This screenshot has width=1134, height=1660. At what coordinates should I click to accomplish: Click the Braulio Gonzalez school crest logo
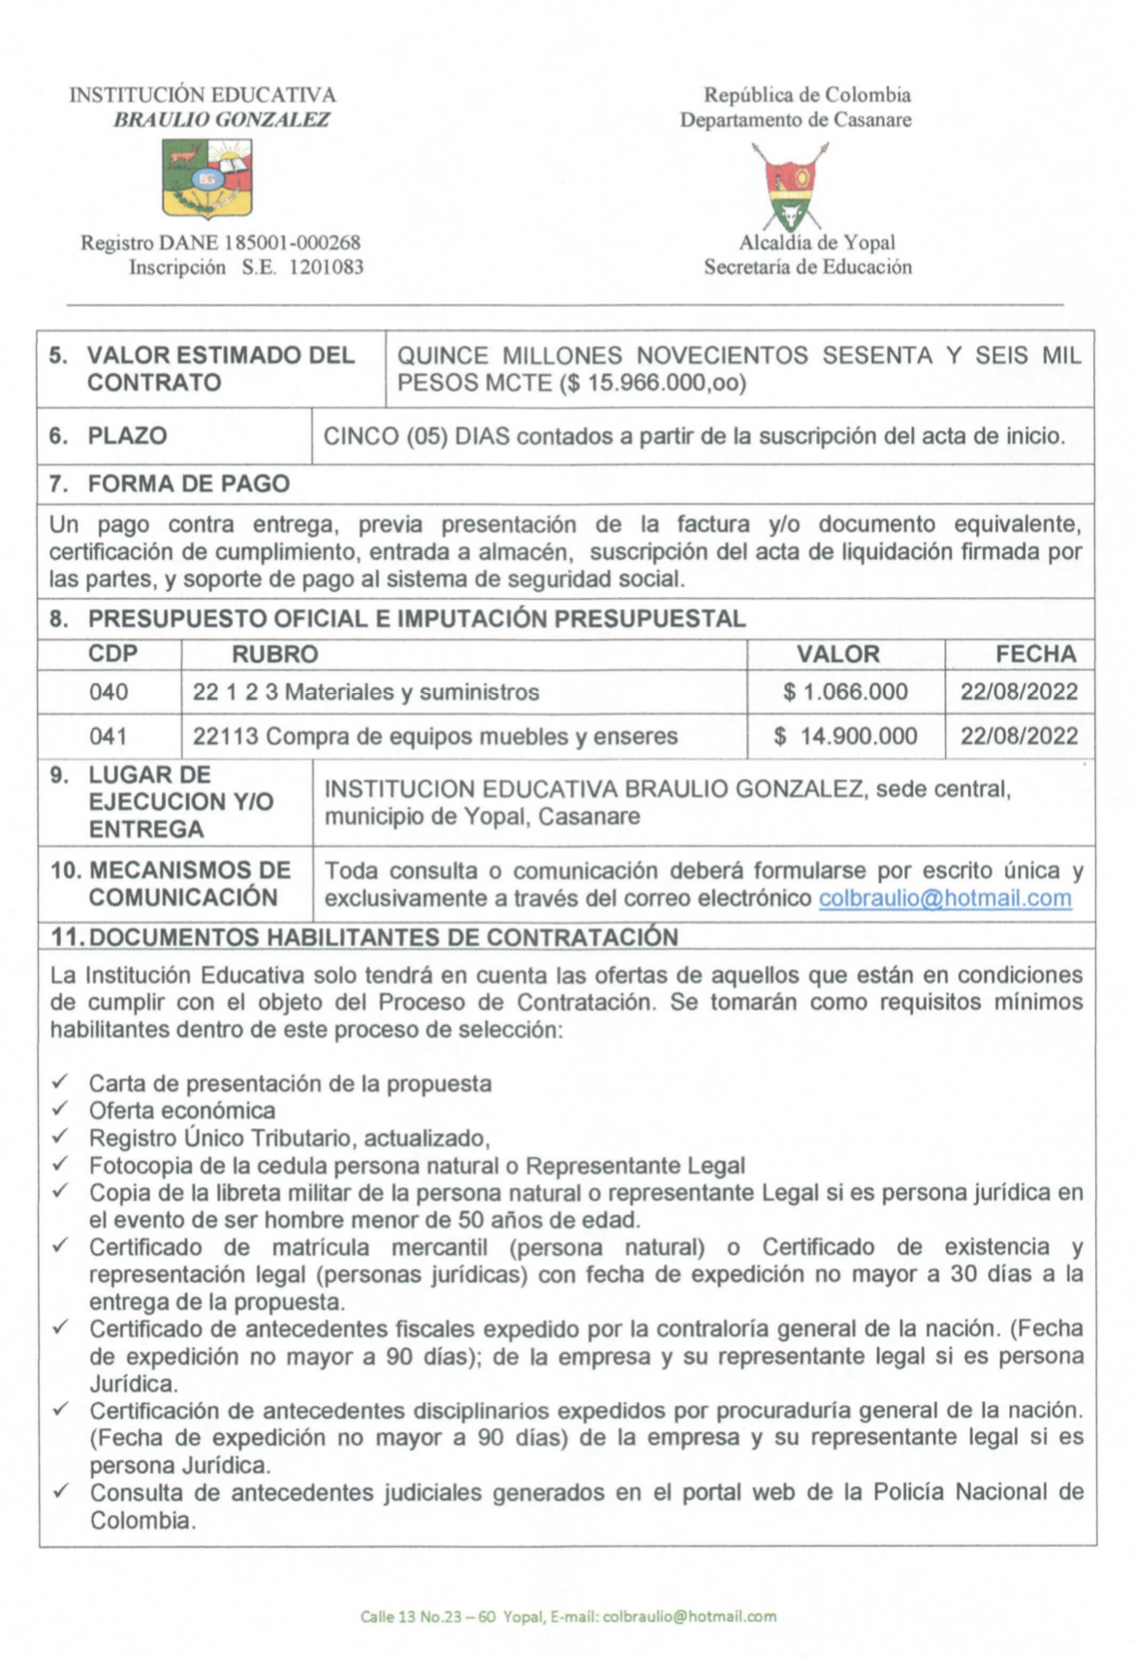[x=206, y=177]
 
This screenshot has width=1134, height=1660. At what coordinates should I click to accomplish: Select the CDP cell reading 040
[x=109, y=692]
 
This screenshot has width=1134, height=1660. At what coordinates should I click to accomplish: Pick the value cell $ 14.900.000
[x=845, y=736]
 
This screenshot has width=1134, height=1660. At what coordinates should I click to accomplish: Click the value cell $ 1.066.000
[x=845, y=692]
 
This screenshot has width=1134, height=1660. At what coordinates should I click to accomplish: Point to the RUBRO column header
[x=274, y=654]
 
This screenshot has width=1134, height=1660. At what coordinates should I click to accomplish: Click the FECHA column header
[x=1035, y=654]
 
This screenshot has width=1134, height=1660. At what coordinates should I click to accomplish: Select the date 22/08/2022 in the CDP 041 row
[x=1019, y=736]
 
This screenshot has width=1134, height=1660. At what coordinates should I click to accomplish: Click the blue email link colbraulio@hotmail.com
[x=945, y=898]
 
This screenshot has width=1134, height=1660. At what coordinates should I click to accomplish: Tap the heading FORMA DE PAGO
[x=188, y=484]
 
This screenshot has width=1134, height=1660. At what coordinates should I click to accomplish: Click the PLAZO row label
[x=127, y=436]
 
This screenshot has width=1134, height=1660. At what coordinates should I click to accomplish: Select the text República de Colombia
[x=806, y=95]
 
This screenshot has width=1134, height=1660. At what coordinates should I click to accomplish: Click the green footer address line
[x=568, y=1616]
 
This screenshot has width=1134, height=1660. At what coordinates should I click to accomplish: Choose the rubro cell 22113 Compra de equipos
[x=434, y=736]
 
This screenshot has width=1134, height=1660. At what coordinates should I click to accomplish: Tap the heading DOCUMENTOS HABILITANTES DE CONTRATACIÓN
[x=383, y=937]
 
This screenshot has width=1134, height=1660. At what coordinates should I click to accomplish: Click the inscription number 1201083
[x=327, y=267]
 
